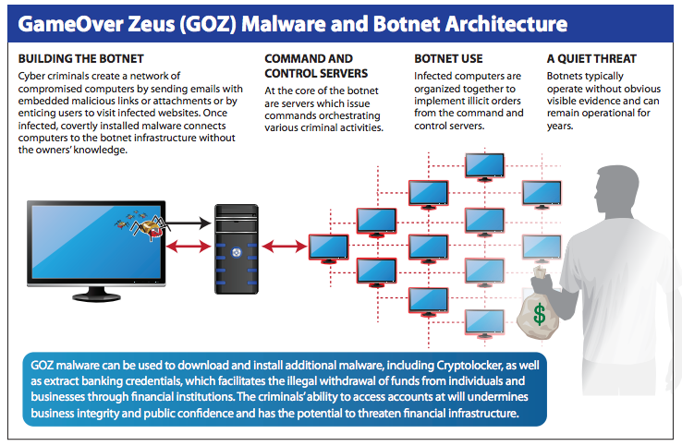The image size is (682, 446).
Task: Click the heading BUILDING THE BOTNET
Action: (81, 59)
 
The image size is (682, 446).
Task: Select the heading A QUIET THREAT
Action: (591, 59)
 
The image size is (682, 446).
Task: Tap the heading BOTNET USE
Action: (448, 59)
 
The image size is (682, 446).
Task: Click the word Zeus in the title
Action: (151, 24)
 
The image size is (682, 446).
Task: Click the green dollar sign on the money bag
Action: (540, 314)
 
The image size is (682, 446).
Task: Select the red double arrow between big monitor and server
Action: (189, 247)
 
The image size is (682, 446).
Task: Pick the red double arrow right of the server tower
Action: (285, 247)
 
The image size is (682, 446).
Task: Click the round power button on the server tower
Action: (237, 252)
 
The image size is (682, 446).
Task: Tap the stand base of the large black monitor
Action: (96, 297)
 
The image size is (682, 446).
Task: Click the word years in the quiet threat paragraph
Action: (560, 127)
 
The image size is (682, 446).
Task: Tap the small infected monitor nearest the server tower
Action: (329, 248)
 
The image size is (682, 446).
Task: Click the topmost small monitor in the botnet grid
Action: (484, 167)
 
